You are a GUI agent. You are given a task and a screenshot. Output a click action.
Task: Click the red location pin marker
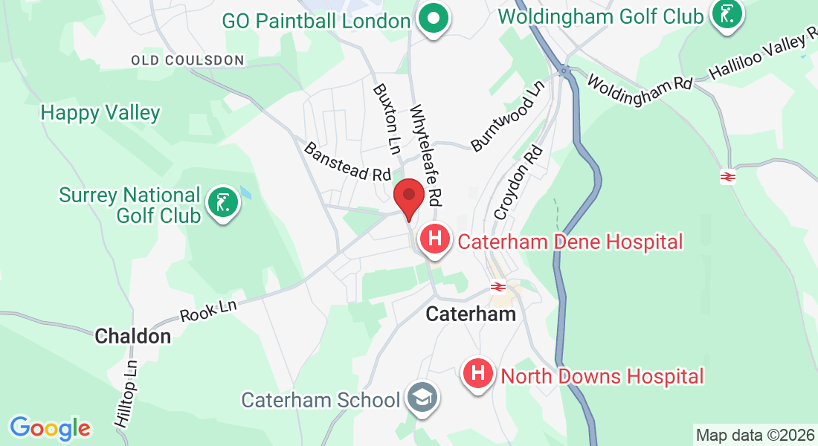point(408,196)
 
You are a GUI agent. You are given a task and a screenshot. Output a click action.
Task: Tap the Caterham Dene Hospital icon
point(435,239)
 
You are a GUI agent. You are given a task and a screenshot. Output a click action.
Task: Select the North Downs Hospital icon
point(478,372)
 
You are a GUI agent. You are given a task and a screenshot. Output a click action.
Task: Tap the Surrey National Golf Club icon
point(222,201)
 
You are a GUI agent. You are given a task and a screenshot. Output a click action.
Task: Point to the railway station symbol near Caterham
point(497,287)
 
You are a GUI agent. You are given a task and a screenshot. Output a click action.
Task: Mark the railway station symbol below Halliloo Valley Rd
point(727,177)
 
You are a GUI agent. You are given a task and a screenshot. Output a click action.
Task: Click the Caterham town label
point(471,314)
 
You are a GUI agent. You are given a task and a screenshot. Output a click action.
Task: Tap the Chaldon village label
point(133,337)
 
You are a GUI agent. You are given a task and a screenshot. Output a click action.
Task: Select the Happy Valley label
point(100,113)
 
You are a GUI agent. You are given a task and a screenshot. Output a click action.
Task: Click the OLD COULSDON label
point(187,59)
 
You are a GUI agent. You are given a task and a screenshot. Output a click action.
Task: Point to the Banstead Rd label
point(347,161)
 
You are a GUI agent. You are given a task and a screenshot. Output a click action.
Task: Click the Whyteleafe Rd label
point(426,154)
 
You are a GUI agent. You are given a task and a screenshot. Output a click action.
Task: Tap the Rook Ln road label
point(208,308)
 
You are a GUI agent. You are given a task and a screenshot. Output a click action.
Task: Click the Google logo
point(50,428)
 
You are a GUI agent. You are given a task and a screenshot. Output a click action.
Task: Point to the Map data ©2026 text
point(754,435)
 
